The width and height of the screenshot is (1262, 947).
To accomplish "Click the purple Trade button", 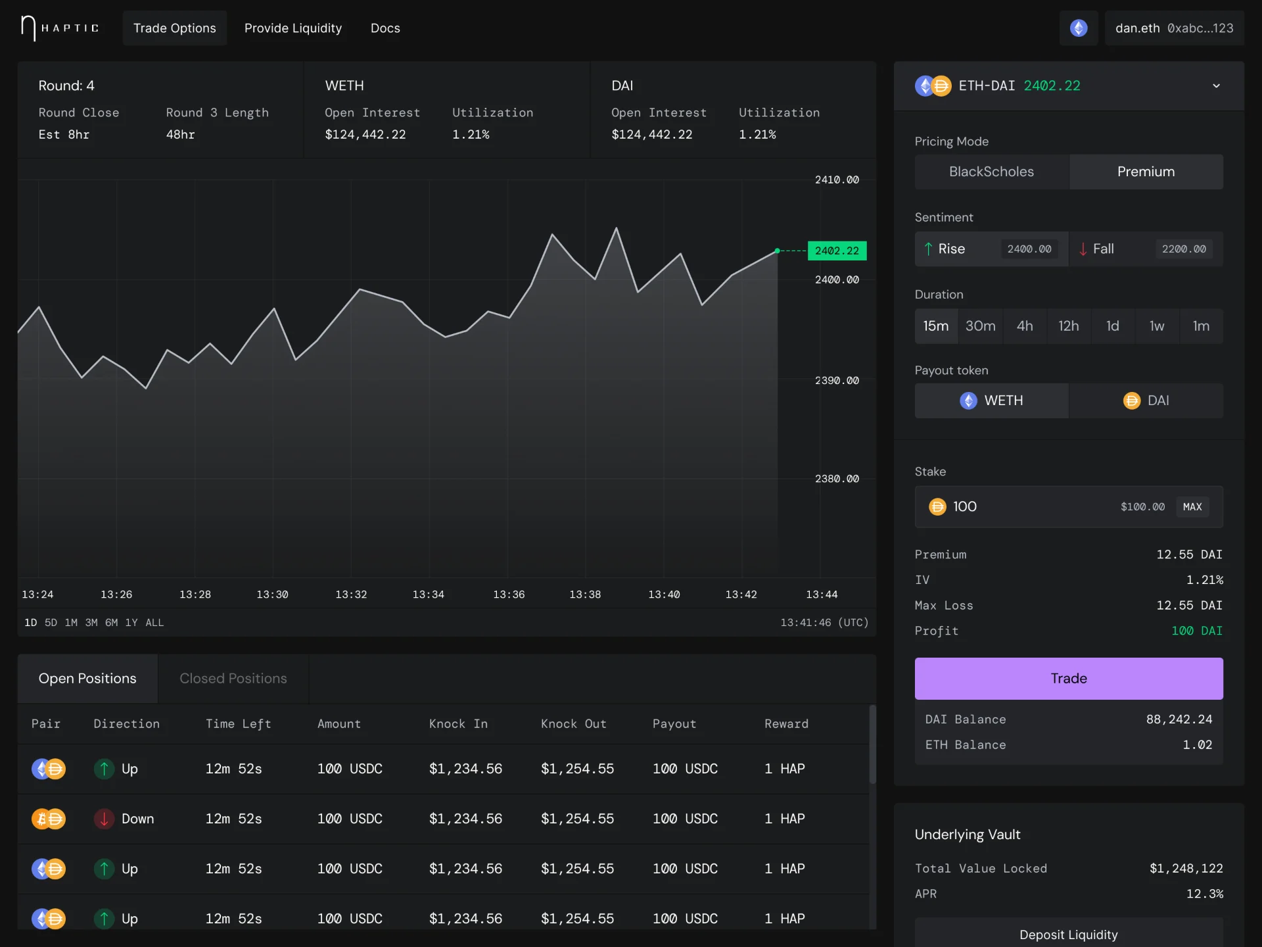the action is [x=1068, y=678].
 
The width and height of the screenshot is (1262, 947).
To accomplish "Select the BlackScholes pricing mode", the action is [x=991, y=172].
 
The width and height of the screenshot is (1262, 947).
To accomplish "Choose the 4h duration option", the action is [x=1025, y=326].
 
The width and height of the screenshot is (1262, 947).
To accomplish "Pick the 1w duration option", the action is [x=1157, y=326].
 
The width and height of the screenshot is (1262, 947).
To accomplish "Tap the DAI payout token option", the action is [x=1146, y=401].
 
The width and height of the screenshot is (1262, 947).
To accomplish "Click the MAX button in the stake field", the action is [x=1192, y=506].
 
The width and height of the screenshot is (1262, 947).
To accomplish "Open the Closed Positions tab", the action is [x=233, y=678].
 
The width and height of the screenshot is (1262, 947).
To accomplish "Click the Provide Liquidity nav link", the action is [x=293, y=28].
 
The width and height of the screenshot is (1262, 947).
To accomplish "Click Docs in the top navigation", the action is [x=385, y=28].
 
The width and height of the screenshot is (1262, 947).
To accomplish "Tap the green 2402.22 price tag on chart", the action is [x=837, y=251].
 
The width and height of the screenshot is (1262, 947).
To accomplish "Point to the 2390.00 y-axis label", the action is [x=837, y=381].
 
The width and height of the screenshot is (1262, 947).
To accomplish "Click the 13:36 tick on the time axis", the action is [x=509, y=595].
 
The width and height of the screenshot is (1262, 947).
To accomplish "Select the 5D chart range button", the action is [x=51, y=623].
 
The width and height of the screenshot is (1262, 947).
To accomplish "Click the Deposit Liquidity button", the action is [x=1068, y=934].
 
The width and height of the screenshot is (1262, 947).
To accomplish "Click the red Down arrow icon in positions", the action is [x=104, y=819].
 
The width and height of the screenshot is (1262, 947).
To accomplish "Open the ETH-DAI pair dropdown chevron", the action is [x=1216, y=86].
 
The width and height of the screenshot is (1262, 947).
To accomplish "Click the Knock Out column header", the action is [x=573, y=724].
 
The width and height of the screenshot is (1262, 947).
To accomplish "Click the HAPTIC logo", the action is [x=59, y=28].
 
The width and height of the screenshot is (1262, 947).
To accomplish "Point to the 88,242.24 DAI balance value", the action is [x=1179, y=719].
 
